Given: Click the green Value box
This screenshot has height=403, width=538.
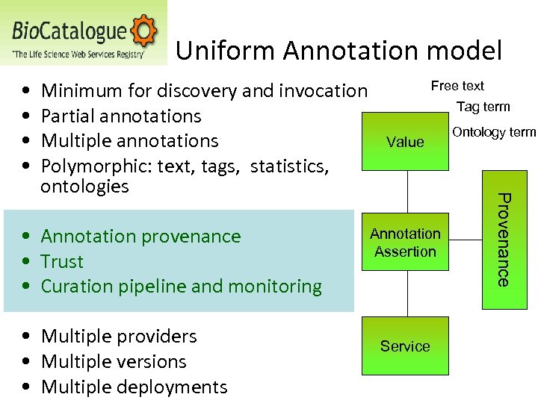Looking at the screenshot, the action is [405, 141].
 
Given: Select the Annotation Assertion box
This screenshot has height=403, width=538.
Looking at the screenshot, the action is [405, 243].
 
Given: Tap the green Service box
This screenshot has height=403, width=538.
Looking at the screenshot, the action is [405, 346].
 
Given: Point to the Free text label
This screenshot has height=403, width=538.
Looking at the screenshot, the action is [457, 86].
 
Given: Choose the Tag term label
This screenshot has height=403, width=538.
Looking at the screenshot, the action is [483, 107].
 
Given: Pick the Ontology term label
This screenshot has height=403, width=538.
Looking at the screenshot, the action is [494, 132].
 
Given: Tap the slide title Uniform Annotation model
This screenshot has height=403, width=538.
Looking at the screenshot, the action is [338, 51].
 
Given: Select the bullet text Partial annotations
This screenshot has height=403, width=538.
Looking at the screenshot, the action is [121, 116].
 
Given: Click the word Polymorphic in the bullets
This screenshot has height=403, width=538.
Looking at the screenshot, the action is [82, 166].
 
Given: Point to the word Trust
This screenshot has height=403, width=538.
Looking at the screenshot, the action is [62, 261].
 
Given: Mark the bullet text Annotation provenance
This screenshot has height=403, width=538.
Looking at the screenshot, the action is [140, 237].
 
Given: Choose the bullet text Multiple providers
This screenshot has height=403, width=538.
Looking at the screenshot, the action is [119, 337].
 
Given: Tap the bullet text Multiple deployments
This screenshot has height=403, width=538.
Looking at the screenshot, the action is [134, 387].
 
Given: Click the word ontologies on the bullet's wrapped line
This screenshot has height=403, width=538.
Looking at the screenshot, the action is [84, 186].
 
